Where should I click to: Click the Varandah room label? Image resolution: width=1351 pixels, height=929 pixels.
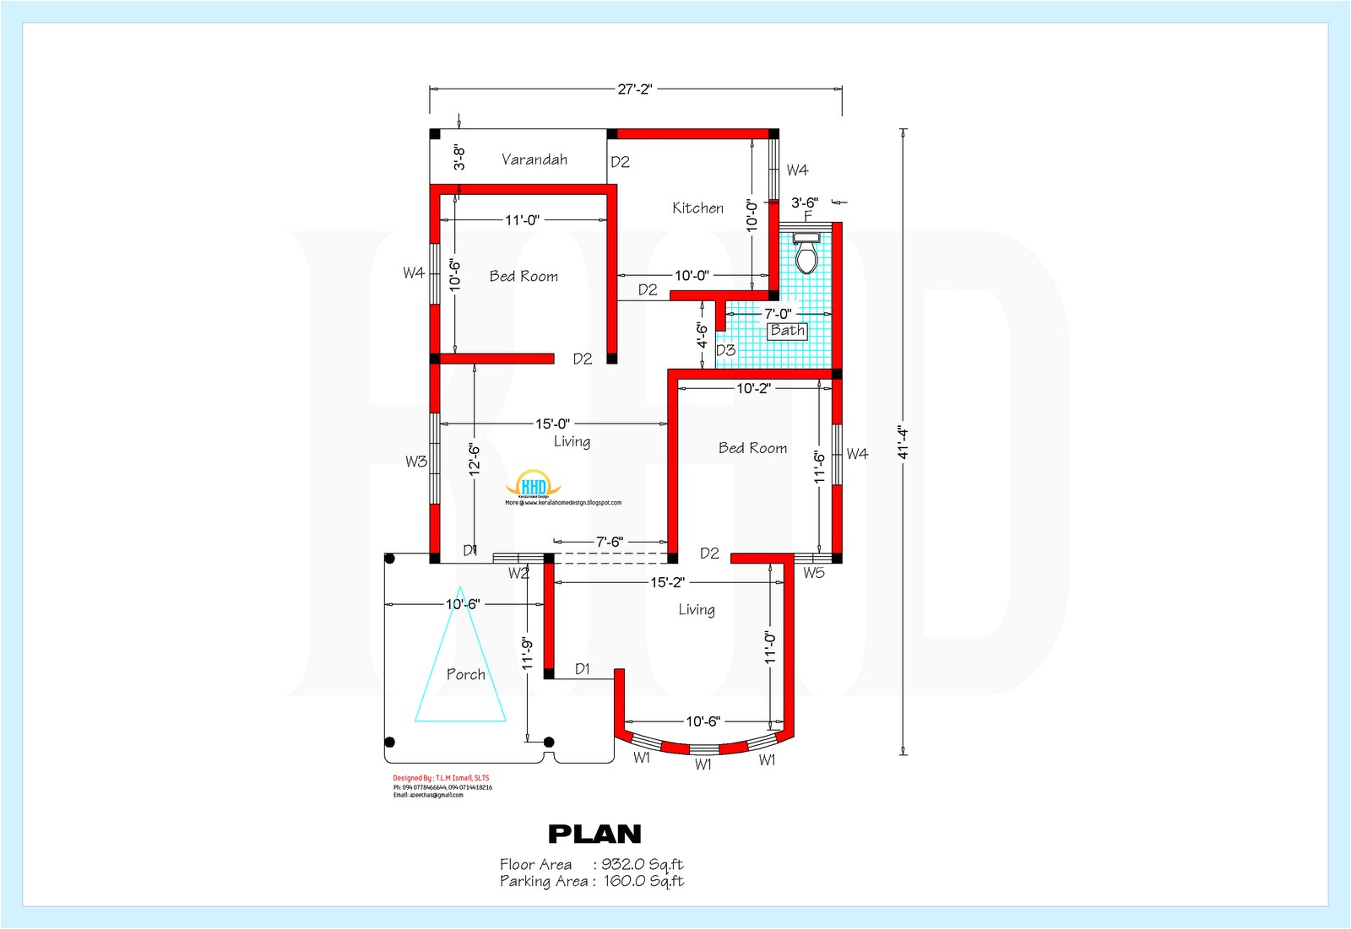pyautogui.click(x=534, y=159)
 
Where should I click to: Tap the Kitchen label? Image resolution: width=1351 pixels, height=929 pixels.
pyautogui.click(x=697, y=208)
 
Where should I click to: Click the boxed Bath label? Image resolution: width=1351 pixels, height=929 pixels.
pyautogui.click(x=787, y=331)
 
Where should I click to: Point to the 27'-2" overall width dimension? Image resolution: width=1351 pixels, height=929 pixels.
pyautogui.click(x=635, y=89)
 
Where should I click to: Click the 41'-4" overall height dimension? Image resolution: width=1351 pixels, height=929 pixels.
pyautogui.click(x=903, y=442)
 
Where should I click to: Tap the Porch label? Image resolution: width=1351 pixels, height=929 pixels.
pyautogui.click(x=466, y=674)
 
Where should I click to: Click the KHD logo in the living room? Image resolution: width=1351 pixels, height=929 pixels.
pyautogui.click(x=534, y=485)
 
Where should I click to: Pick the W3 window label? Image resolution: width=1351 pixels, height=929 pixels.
pyautogui.click(x=415, y=462)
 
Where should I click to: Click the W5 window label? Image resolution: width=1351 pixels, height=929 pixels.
pyautogui.click(x=814, y=573)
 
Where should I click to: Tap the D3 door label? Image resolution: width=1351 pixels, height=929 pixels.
pyautogui.click(x=725, y=350)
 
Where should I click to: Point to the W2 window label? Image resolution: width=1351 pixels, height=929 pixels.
pyautogui.click(x=518, y=574)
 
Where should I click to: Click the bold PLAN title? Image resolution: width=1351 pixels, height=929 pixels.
pyautogui.click(x=594, y=834)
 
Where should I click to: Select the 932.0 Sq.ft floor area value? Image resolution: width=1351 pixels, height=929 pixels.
pyautogui.click(x=642, y=864)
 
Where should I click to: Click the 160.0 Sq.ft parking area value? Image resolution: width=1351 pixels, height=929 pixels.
pyautogui.click(x=643, y=881)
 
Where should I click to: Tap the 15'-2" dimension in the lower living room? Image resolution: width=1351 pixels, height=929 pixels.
pyautogui.click(x=667, y=582)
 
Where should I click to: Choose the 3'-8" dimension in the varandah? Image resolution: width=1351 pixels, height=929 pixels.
pyautogui.click(x=458, y=157)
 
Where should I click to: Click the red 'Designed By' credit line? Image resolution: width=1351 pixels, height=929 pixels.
pyautogui.click(x=441, y=778)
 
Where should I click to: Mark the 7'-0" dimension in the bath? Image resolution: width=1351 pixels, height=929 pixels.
pyautogui.click(x=778, y=314)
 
